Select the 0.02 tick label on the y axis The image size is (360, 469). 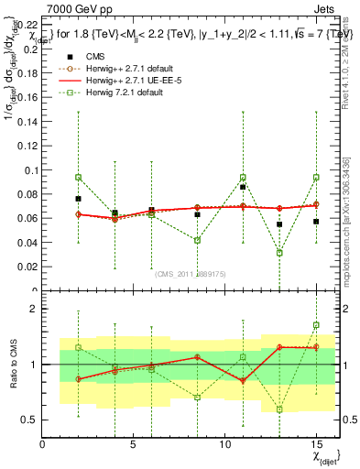[x=29, y=270]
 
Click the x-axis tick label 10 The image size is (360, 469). [x=225, y=444]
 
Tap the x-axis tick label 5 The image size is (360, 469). [x=134, y=444]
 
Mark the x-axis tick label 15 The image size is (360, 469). [x=316, y=444]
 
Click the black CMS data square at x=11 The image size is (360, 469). [x=243, y=187]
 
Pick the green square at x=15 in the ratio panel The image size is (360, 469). [x=316, y=325]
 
